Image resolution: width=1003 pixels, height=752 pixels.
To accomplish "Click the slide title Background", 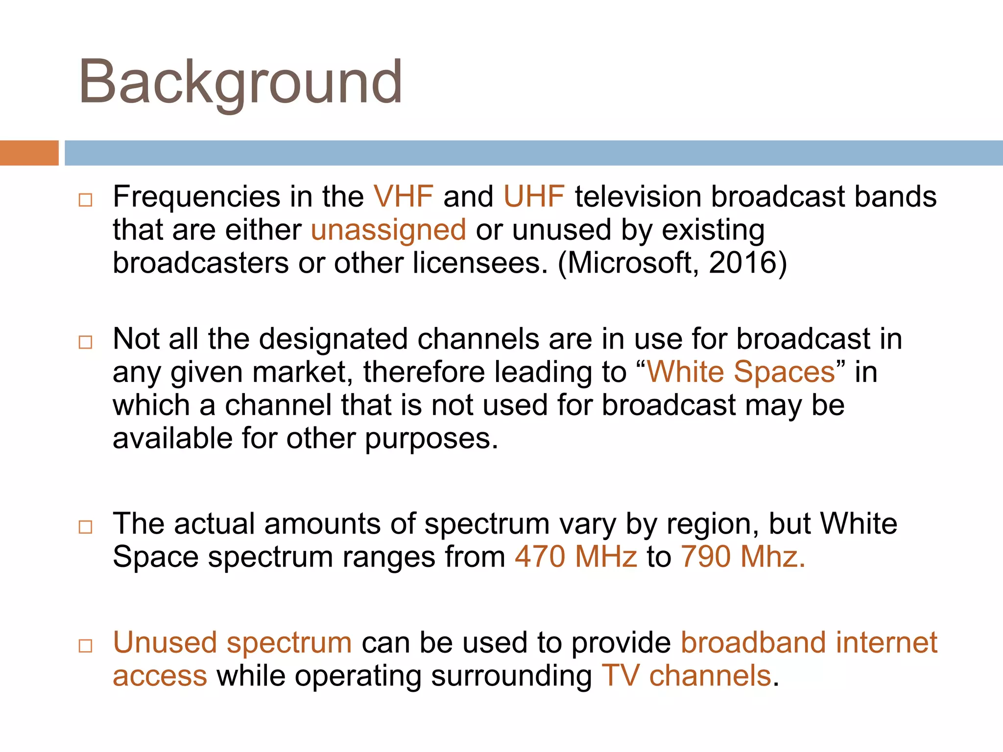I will click(240, 82).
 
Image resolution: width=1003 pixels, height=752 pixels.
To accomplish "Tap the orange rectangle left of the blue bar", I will click(29, 153).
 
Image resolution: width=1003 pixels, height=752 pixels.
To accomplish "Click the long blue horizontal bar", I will click(533, 153).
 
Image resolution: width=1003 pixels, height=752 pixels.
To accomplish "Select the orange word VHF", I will click(403, 197).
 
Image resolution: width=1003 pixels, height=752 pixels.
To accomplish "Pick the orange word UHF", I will click(534, 197).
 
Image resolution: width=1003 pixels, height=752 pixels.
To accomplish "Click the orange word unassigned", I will click(388, 230).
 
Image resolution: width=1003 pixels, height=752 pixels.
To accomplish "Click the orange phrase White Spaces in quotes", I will click(741, 372).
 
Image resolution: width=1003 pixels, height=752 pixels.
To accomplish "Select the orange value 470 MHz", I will click(576, 557).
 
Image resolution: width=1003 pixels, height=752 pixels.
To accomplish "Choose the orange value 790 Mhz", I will click(742, 557).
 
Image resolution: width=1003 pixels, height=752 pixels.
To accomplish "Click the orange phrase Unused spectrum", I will click(232, 643).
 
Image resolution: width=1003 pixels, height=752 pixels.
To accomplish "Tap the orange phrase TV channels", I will click(686, 676).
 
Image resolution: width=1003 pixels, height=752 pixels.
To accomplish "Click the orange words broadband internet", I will click(809, 643).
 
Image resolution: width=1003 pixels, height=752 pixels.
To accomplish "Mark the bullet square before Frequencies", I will click(85, 200).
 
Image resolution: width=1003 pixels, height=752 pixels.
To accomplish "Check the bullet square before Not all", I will click(85, 342).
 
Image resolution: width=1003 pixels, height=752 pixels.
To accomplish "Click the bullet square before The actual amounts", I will click(85, 527).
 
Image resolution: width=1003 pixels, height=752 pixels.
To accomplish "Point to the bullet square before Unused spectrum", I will click(85, 646).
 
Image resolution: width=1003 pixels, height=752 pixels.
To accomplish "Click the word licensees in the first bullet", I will click(479, 263).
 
